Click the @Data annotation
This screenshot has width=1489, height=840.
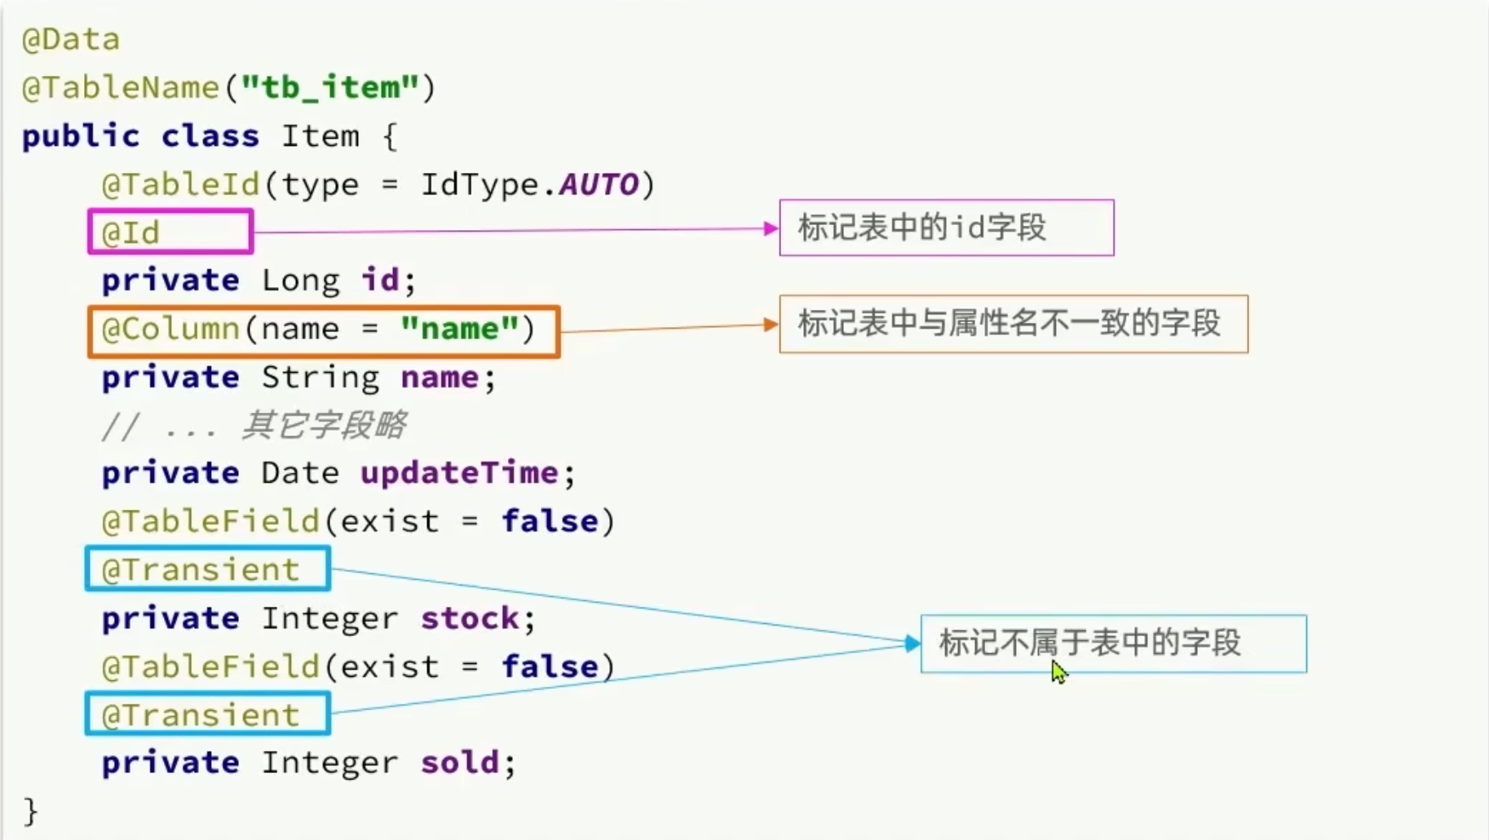click(x=71, y=39)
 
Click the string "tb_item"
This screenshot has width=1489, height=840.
click(x=330, y=86)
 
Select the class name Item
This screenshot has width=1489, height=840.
click(x=320, y=135)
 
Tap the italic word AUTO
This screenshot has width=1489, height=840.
click(x=599, y=184)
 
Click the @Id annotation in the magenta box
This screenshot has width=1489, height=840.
click(x=130, y=233)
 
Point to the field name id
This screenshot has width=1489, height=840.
click(x=380, y=281)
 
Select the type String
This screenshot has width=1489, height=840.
click(x=320, y=378)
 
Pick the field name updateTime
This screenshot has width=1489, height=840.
click(x=459, y=473)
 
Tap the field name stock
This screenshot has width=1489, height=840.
click(x=470, y=618)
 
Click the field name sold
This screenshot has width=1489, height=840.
click(x=460, y=763)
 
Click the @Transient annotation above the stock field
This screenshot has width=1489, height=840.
click(x=201, y=570)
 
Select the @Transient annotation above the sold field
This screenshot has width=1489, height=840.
click(x=201, y=715)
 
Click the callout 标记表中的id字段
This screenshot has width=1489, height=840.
click(x=922, y=228)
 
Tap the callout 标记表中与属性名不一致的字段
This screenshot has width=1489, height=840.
click(x=1010, y=324)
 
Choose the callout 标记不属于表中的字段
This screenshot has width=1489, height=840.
click(x=1090, y=643)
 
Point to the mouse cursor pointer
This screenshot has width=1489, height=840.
click(x=1058, y=672)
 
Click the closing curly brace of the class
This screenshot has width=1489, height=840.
click(x=30, y=811)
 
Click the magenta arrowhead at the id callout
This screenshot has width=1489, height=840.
click(x=771, y=228)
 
